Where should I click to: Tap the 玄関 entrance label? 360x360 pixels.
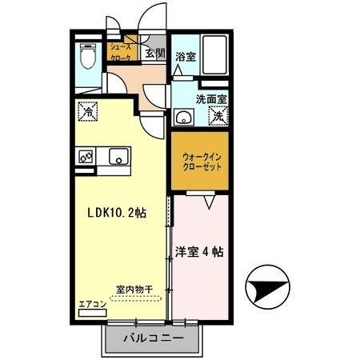click(155, 54)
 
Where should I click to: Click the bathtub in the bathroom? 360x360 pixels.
click(215, 58)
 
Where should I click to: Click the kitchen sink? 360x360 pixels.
click(118, 157)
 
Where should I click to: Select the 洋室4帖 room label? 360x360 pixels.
click(199, 250)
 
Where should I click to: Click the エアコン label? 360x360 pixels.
click(92, 305)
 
